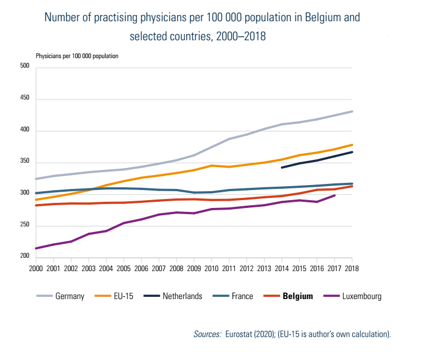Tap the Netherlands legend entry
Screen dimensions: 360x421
coord(182,296)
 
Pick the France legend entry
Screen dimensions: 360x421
coord(242,296)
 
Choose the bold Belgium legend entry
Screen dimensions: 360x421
coord(298,296)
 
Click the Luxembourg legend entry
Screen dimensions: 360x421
coord(362,296)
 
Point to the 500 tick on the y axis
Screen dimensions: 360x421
coord(24,68)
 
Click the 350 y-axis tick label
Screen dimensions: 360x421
coord(24,162)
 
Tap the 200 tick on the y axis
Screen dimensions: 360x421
coord(24,257)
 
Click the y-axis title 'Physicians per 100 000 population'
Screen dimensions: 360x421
coord(76,56)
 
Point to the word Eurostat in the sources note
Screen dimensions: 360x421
coord(242,334)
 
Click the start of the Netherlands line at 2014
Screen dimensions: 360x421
coord(281,168)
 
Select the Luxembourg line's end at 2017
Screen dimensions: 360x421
coord(334,195)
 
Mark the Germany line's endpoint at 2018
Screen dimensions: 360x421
coord(352,111)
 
